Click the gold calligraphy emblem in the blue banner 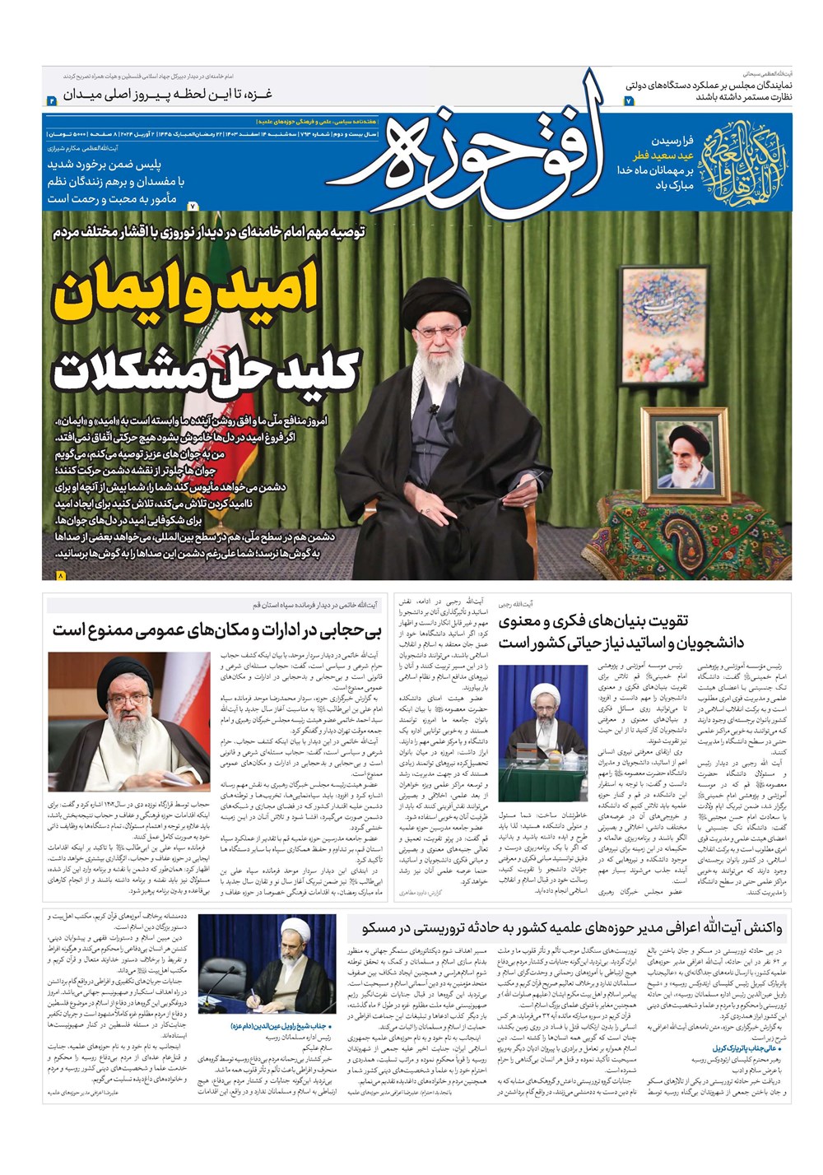tap(742, 156)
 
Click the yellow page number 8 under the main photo tap(60, 577)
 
